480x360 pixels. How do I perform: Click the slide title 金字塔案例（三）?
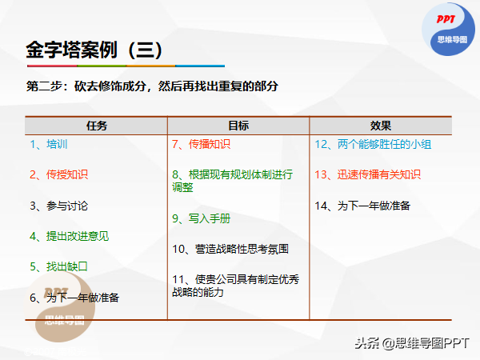[94, 50]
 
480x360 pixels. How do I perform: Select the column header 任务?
[97, 126]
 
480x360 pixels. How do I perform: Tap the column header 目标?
[238, 126]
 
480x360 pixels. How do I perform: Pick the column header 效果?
[381, 126]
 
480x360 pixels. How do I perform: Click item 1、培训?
[48, 144]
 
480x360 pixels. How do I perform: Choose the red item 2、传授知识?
[58, 174]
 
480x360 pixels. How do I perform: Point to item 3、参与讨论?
[58, 206]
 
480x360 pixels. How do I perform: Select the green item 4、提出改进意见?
[69, 236]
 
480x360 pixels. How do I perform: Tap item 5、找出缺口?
[58, 266]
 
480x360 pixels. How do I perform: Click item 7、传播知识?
[201, 144]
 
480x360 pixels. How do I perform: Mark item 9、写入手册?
[201, 218]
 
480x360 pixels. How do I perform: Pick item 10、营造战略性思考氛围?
[230, 249]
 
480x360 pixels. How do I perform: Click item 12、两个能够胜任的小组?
[373, 144]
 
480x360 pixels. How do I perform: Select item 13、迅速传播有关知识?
[368, 174]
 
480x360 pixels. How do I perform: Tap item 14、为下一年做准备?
[362, 206]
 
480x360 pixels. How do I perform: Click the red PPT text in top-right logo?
[446, 19]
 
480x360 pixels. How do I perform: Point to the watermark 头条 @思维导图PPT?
[412, 343]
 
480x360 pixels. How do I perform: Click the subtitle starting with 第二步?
[152, 86]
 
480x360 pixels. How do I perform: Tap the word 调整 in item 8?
[182, 187]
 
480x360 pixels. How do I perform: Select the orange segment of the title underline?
[150, 66]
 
